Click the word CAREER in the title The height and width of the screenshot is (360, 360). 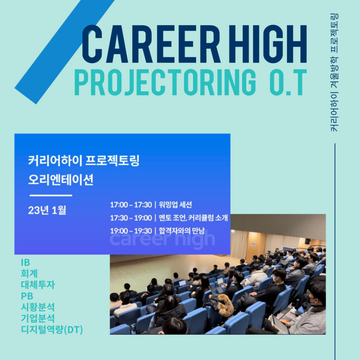coord(151,44)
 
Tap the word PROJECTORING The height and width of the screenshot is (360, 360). coord(165,82)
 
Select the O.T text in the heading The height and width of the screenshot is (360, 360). coord(288,82)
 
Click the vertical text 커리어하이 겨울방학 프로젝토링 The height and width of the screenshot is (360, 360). coord(334,73)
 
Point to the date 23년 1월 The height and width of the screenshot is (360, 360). coord(47,210)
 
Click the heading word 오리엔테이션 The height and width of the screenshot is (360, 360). coord(61,180)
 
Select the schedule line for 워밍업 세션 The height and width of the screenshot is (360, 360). coord(151,205)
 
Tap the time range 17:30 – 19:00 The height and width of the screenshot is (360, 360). coord(131,218)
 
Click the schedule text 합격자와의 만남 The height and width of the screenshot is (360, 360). coord(181,231)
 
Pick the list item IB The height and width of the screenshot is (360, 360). coord(25,262)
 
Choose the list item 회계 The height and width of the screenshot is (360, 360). coord(29,274)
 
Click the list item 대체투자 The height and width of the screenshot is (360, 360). coord(38,285)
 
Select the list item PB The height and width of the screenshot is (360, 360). coord(27,296)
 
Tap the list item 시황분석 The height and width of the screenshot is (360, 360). coord(38,307)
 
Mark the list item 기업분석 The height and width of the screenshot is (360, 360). coord(38,318)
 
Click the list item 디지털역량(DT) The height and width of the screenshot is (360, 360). coord(52,330)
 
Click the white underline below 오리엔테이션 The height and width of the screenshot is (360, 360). coord(51,196)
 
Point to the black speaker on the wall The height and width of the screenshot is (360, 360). coord(307,241)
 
